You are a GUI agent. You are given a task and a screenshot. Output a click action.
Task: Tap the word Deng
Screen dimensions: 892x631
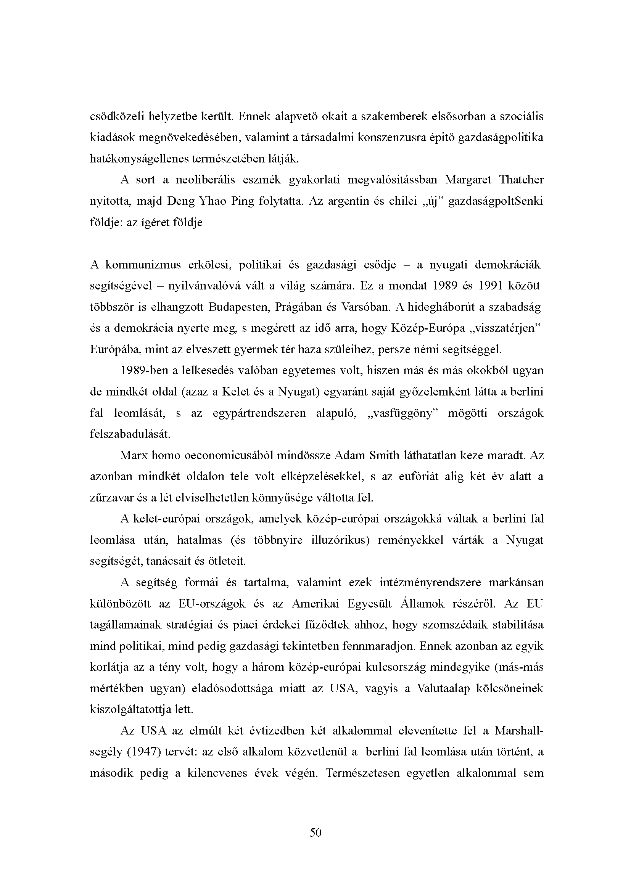click(x=180, y=201)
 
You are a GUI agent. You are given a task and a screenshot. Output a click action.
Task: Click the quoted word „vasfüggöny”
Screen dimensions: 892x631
click(x=402, y=413)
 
